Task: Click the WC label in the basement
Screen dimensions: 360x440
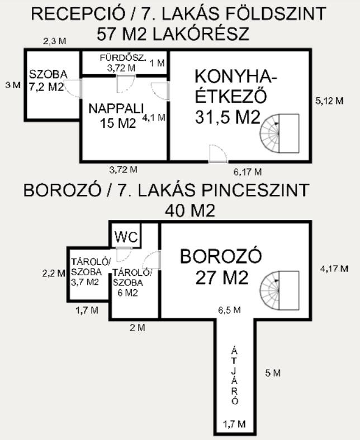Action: tap(126, 237)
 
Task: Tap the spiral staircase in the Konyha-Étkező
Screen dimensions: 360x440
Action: tap(280, 133)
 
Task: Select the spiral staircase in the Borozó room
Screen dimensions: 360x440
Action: tap(280, 290)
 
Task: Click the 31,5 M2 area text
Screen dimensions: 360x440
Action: tap(228, 117)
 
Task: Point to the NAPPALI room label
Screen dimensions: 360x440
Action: tap(116, 108)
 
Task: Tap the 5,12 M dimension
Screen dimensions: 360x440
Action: tap(329, 101)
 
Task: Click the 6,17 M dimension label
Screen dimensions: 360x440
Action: tap(248, 172)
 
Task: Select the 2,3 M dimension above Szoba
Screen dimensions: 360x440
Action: tap(55, 41)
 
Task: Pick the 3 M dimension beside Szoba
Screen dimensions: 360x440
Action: tap(13, 85)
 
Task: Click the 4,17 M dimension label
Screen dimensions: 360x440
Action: tap(334, 269)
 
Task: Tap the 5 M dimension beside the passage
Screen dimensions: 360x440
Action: tap(273, 373)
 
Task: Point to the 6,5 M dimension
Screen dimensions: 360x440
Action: tap(229, 310)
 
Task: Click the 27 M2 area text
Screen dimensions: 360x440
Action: tap(222, 278)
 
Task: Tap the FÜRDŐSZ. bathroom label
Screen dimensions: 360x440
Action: tap(123, 58)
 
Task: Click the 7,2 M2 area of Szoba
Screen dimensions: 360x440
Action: tap(46, 87)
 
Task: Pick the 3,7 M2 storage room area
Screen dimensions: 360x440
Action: tap(85, 282)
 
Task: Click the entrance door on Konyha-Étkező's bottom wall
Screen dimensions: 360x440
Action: tap(218, 154)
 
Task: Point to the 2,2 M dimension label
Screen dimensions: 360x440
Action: tap(54, 273)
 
